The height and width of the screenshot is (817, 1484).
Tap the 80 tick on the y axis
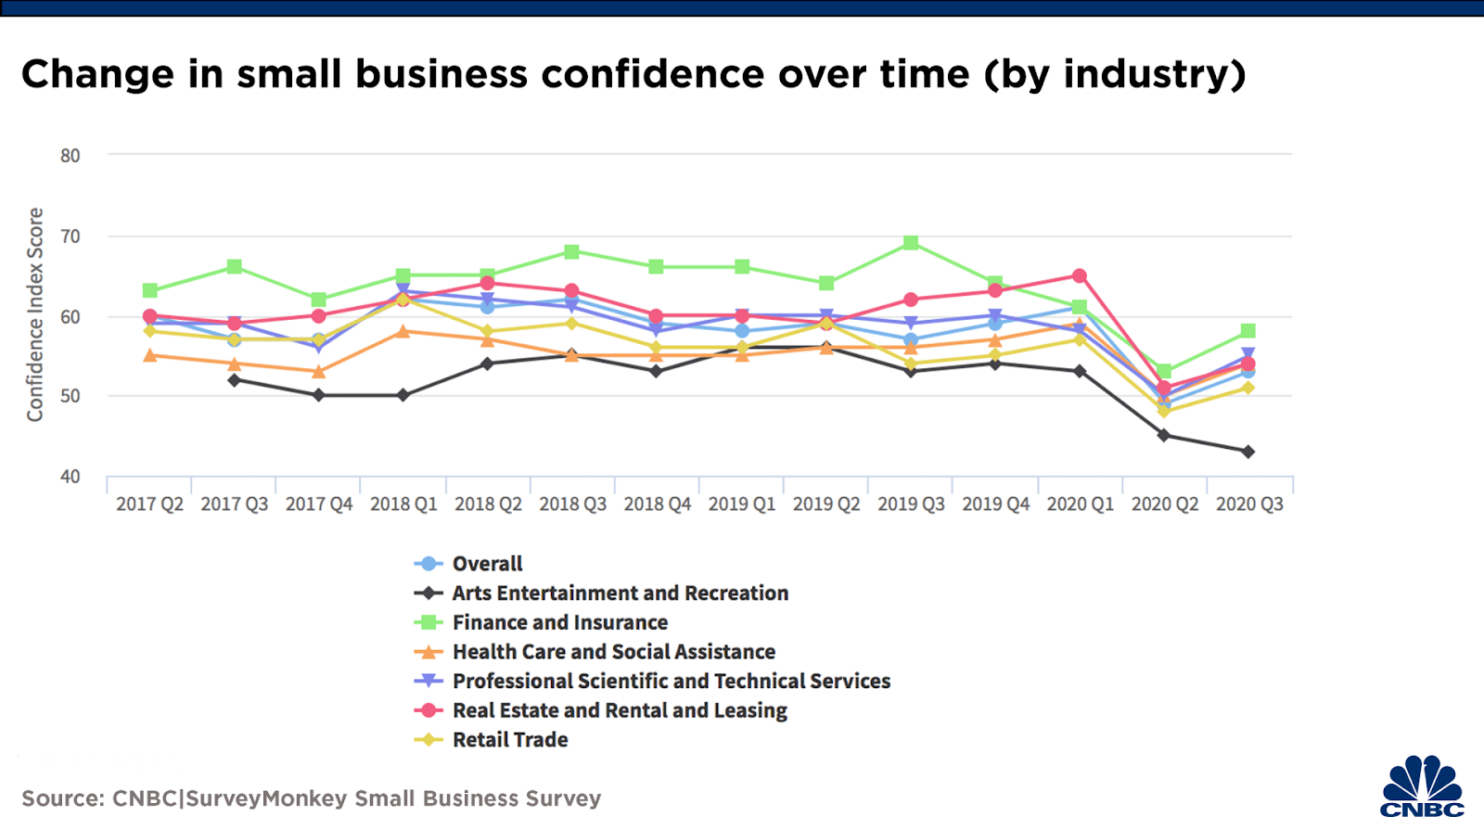coord(70,156)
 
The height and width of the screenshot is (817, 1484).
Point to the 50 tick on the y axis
coord(70,396)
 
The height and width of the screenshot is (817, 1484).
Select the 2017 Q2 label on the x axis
coord(149,504)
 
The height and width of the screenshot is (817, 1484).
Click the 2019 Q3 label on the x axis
coord(911,504)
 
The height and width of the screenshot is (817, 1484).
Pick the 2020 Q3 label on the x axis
coord(1249,504)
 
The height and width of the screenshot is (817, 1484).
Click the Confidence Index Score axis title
coord(35,314)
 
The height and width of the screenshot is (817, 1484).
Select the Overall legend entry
coord(487,564)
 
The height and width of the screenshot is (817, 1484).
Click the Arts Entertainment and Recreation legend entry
coord(620,594)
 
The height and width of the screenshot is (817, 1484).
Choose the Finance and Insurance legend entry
coord(559,622)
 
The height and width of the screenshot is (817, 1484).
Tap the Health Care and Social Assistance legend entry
coord(613,652)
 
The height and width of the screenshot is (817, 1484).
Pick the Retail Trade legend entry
coord(510,740)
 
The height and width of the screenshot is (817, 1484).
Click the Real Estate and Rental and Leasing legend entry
coord(620,710)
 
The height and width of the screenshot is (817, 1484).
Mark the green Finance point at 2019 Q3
coord(911,243)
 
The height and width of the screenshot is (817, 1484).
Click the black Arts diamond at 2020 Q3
coord(1248,452)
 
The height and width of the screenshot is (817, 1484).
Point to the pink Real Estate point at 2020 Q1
coord(1080,276)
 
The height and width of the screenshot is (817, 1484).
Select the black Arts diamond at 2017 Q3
coord(235,380)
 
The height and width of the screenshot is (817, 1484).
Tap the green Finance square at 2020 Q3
coord(1248,331)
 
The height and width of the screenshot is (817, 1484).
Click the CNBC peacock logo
coord(1422,786)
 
